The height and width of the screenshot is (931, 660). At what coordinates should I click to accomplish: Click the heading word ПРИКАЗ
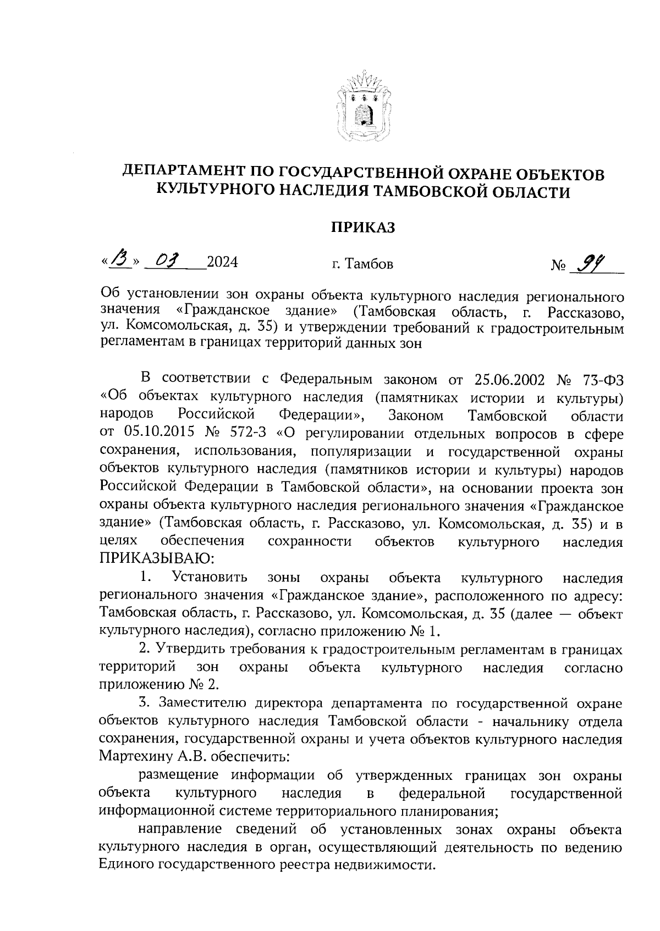(362, 228)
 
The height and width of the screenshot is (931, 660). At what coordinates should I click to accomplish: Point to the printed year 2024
(222, 263)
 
